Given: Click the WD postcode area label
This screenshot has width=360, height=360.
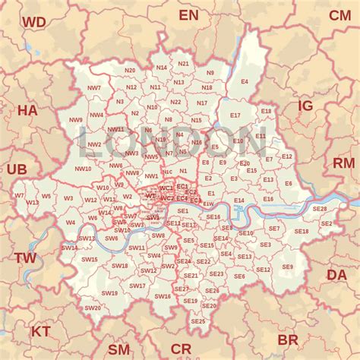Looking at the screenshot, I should click(33, 22).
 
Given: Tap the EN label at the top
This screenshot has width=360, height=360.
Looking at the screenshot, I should click(188, 15).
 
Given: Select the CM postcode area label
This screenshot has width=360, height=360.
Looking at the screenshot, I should click(339, 15).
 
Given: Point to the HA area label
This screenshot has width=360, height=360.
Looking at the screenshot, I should click(27, 110).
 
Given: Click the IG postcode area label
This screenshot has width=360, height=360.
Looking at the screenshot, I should click(305, 106).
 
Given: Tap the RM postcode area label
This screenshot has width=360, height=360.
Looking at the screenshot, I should click(343, 163).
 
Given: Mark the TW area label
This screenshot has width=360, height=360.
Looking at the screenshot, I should click(25, 258).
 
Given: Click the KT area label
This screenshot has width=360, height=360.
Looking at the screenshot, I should click(40, 331).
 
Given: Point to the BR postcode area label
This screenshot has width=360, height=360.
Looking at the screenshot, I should click(288, 339).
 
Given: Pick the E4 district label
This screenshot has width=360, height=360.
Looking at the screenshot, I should click(245, 81).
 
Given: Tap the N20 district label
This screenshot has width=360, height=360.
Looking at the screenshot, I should click(130, 71).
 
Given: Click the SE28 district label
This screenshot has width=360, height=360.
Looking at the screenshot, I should click(319, 209).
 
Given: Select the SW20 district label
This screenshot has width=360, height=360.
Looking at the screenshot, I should click(93, 308).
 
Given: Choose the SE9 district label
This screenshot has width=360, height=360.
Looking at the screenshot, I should click(287, 267).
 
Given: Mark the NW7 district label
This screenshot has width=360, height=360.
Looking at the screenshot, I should click(94, 88).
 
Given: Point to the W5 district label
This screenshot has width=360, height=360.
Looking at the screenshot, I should click(46, 197).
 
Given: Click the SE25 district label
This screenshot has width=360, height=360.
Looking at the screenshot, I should click(198, 321).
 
